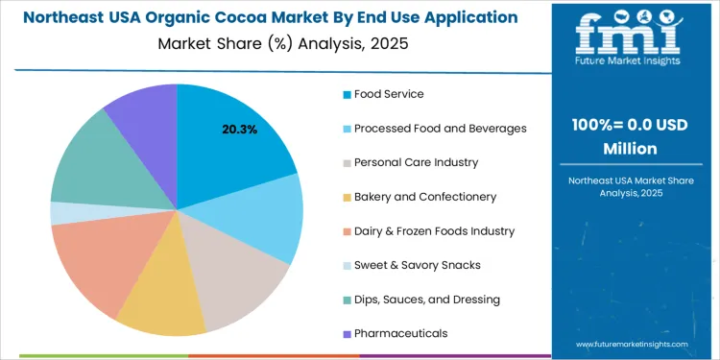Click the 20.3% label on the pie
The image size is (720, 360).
[x=239, y=129]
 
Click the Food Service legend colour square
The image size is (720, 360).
[x=346, y=95]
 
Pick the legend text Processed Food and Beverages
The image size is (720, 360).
[x=440, y=129]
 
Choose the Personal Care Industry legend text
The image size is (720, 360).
[x=416, y=162]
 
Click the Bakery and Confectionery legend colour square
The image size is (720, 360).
[x=346, y=197]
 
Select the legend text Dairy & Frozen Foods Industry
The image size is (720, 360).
[x=434, y=231]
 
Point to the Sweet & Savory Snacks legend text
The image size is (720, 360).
[x=418, y=265]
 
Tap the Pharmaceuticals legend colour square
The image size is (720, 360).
[x=346, y=333]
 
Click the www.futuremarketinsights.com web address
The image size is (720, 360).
[x=633, y=344]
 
